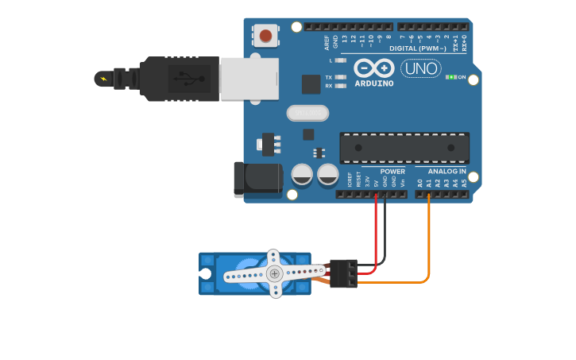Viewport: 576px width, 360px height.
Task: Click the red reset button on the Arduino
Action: click(x=265, y=35)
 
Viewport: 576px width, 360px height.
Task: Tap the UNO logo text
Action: click(x=421, y=68)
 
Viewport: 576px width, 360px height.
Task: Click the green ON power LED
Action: click(x=450, y=77)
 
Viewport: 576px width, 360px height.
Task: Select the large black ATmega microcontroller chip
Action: click(x=404, y=148)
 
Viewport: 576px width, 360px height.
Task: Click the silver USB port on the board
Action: click(x=249, y=79)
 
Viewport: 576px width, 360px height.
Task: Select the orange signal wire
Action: click(x=429, y=238)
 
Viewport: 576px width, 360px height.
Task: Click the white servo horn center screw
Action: click(x=274, y=273)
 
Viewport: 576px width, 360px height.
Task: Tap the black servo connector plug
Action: click(x=343, y=273)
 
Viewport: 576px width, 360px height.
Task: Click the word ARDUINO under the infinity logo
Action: click(x=373, y=83)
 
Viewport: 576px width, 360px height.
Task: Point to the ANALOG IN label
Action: click(x=446, y=171)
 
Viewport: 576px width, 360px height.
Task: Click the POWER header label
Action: click(x=392, y=171)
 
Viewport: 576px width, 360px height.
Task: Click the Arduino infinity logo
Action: click(x=373, y=69)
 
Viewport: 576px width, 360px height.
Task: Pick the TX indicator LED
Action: click(x=341, y=77)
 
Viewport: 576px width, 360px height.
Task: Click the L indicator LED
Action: click(x=341, y=60)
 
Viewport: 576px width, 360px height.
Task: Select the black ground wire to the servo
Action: click(x=385, y=234)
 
